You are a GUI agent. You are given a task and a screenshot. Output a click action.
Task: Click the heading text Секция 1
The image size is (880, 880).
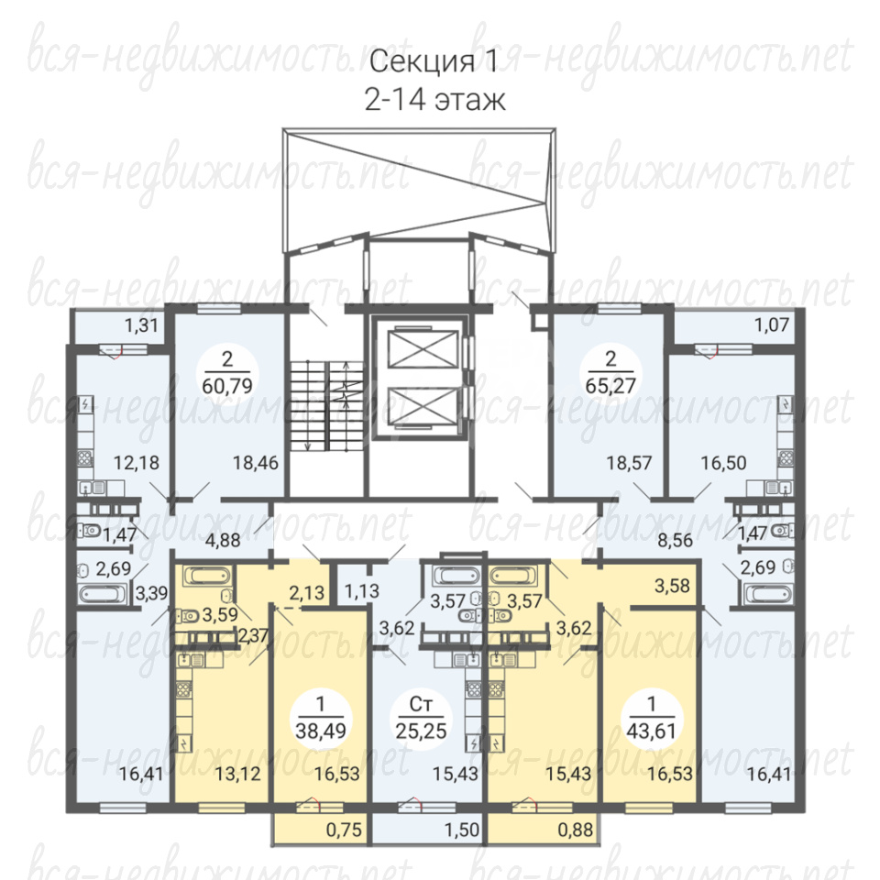click(x=434, y=61)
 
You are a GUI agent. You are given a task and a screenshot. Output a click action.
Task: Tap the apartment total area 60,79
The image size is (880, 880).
click(x=226, y=386)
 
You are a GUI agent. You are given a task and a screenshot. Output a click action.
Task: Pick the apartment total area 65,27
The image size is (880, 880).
click(x=610, y=386)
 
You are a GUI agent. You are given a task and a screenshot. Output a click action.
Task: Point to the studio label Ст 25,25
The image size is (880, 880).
click(x=421, y=718)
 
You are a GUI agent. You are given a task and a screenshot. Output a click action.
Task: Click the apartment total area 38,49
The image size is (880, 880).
click(x=321, y=731)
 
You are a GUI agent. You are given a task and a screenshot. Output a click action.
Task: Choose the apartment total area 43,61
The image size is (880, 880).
click(x=651, y=731)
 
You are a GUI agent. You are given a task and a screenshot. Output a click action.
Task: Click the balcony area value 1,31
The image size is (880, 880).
click(x=141, y=324)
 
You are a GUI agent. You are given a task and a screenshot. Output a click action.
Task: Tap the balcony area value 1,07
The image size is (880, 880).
click(x=772, y=324)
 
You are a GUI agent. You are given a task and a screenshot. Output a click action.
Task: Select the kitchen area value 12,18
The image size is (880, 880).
click(x=137, y=463)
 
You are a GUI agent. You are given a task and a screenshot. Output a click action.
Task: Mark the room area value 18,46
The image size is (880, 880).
click(x=256, y=463)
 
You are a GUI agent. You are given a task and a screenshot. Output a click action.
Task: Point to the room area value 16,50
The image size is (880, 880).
click(x=723, y=463)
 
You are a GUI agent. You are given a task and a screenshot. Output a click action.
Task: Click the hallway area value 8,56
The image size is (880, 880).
click(x=676, y=541)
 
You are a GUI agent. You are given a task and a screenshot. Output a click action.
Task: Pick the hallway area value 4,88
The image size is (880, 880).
click(x=224, y=541)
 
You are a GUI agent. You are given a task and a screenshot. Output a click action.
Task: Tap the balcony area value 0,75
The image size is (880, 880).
click(x=344, y=829)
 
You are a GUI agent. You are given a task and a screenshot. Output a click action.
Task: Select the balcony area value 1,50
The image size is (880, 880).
click(x=462, y=829)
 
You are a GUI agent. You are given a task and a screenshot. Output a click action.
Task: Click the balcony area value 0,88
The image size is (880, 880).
click(x=576, y=829)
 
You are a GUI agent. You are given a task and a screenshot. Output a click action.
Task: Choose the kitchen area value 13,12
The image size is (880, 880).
click(x=238, y=774)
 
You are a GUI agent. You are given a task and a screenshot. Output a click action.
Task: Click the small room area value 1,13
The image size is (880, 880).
click(x=362, y=591)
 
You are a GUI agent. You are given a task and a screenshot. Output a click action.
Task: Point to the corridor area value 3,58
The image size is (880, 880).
click(x=672, y=586)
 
